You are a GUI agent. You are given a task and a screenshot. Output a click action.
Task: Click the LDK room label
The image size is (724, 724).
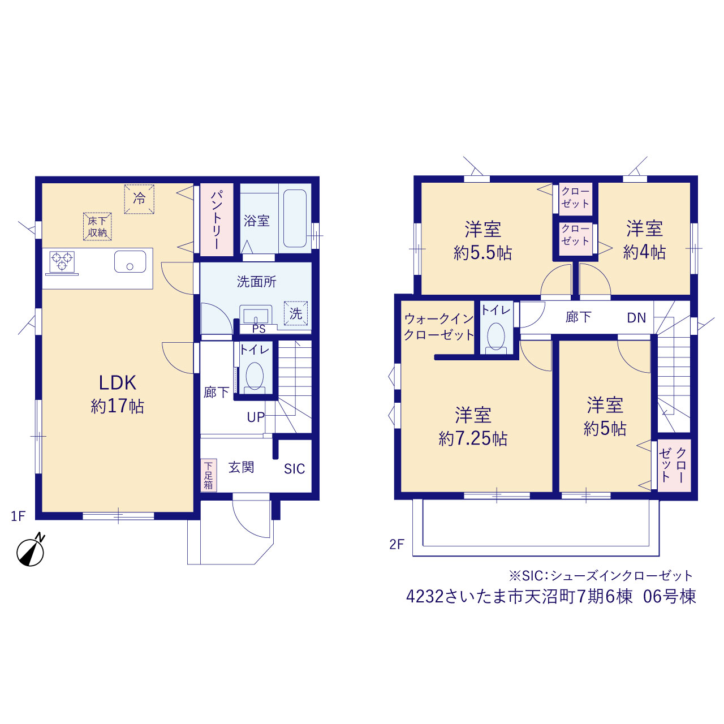pyautogui.click(x=117, y=382)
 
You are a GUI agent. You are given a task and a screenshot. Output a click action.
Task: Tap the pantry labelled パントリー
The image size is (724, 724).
pyautogui.click(x=217, y=219)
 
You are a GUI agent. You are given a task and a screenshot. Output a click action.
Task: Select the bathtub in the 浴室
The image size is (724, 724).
pyautogui.click(x=295, y=218)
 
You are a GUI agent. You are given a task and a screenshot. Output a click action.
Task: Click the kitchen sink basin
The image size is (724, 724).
pyautogui.click(x=130, y=261)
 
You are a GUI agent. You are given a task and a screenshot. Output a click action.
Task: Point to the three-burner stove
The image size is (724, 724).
pyautogui.click(x=62, y=261)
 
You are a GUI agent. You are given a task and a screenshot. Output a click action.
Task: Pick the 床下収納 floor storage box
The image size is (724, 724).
pyautogui.click(x=97, y=227)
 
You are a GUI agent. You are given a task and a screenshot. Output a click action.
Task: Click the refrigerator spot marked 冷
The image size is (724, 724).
pyautogui.click(x=139, y=199)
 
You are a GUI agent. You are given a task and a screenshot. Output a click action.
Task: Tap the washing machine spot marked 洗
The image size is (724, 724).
pyautogui.click(x=296, y=313)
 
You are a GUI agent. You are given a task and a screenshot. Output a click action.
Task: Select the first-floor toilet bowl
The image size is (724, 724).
pyautogui.click(x=255, y=376)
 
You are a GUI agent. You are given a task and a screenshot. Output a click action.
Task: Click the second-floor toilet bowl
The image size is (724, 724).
pyautogui.click(x=495, y=336)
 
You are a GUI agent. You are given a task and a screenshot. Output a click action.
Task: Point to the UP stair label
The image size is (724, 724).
pyautogui.click(x=256, y=417)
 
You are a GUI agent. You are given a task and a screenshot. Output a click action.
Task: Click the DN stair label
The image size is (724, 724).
pyautogui.click(x=636, y=318)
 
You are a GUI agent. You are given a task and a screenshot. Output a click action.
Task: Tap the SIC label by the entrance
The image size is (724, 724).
pyautogui.click(x=295, y=469)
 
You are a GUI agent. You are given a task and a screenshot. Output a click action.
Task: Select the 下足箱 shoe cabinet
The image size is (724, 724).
pyautogui.click(x=208, y=475)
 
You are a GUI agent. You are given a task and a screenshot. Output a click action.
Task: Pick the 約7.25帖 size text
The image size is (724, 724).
pyautogui.click(x=473, y=438)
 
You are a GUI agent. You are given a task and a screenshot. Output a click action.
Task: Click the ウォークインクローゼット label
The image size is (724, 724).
pyautogui.click(x=438, y=327)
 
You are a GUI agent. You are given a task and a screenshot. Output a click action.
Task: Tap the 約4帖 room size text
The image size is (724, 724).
pyautogui.click(x=644, y=252)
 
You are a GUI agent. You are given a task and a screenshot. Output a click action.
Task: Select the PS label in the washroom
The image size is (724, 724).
pyautogui.click(x=259, y=329)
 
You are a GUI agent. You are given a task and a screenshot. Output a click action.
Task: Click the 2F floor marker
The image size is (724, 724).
pyautogui.click(x=397, y=544)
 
